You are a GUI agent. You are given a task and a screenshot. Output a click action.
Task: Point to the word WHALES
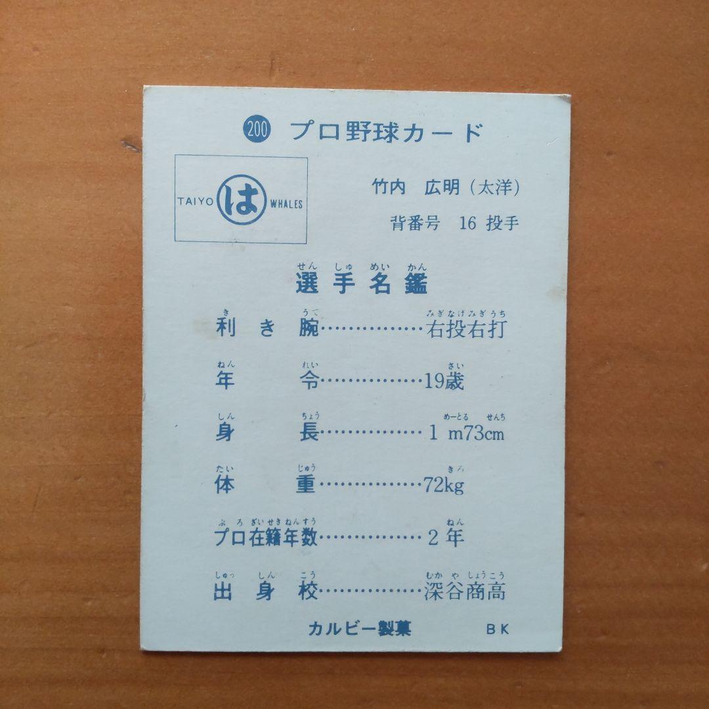coord(286,204)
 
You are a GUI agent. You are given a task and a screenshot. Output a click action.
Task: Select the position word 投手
coord(502,223)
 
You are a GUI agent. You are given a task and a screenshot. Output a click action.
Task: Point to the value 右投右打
coord(466,328)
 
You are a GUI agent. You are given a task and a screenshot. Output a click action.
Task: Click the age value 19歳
coord(444,381)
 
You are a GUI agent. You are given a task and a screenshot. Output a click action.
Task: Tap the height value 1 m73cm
coord(466,434)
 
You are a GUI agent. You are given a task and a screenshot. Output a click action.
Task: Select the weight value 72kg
coord(444,486)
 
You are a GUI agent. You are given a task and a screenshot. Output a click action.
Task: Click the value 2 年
coord(445,538)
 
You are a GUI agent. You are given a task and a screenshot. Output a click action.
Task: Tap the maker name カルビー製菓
coord(360,628)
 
